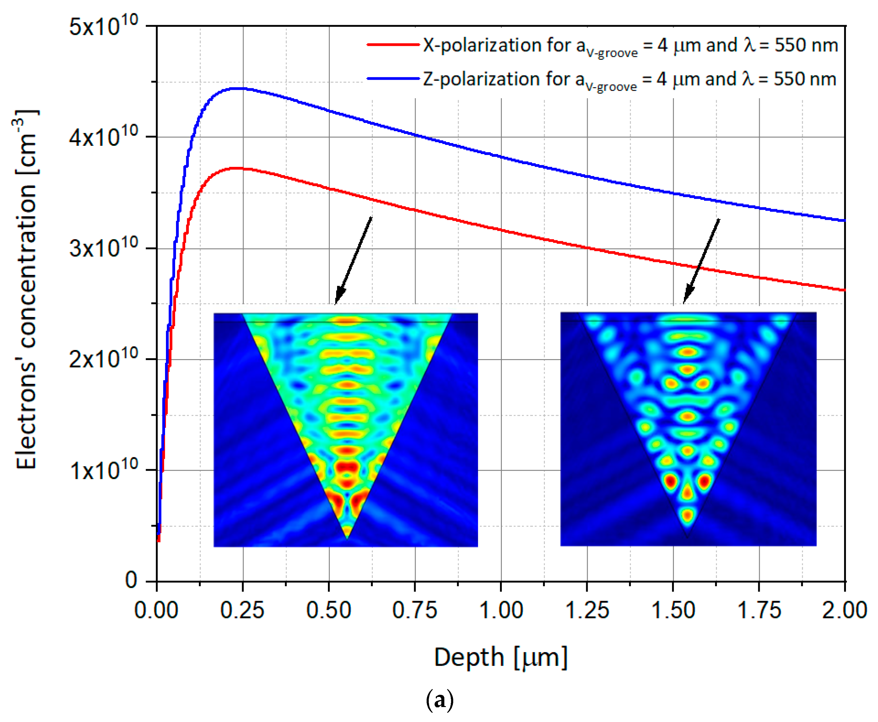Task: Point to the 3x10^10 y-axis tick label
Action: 103,249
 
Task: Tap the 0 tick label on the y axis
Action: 131,580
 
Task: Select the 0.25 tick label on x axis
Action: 242,610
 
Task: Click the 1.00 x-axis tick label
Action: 501,610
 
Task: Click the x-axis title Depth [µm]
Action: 501,658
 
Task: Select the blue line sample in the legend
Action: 393,78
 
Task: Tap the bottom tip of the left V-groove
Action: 347,539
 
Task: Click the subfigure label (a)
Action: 439,700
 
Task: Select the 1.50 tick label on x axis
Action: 673,610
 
